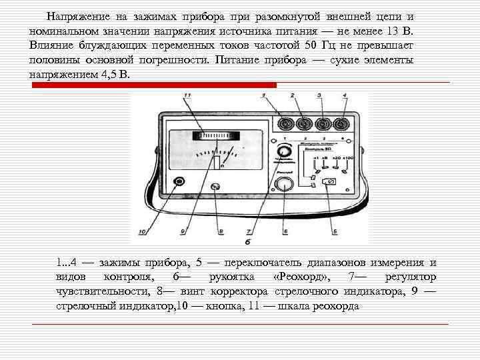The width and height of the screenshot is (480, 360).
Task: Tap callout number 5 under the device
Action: [x=335, y=231]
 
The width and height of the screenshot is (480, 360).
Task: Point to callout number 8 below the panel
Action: [x=221, y=231]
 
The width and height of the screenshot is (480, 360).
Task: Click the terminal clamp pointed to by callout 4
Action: [x=343, y=124]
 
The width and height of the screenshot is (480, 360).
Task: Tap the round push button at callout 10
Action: [x=179, y=181]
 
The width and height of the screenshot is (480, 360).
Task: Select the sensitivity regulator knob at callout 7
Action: [x=285, y=149]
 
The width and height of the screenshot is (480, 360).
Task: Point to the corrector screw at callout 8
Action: [x=215, y=187]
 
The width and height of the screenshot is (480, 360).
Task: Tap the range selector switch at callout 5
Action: [x=329, y=181]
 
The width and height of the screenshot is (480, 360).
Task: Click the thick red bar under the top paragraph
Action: [x=153, y=85]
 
